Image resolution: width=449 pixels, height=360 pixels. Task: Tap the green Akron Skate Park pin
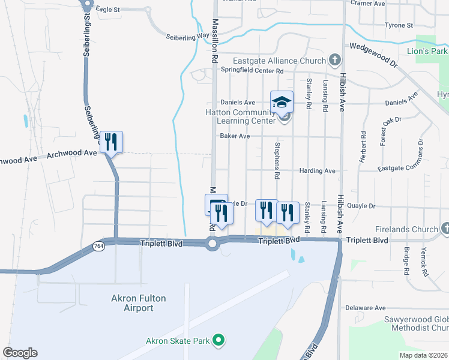(x=219, y=341)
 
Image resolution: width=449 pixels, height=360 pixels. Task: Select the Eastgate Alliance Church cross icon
(x=334, y=60)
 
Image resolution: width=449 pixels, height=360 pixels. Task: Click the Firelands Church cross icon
(x=445, y=229)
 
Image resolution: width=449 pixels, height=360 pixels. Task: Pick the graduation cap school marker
(x=281, y=101)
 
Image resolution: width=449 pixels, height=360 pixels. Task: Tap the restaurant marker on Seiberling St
(x=110, y=142)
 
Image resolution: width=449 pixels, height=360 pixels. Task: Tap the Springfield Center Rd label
(x=252, y=70)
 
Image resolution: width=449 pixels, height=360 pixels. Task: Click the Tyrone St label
(x=399, y=26)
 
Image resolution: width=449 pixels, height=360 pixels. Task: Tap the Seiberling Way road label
(x=188, y=36)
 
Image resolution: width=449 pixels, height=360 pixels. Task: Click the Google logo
(x=20, y=353)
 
